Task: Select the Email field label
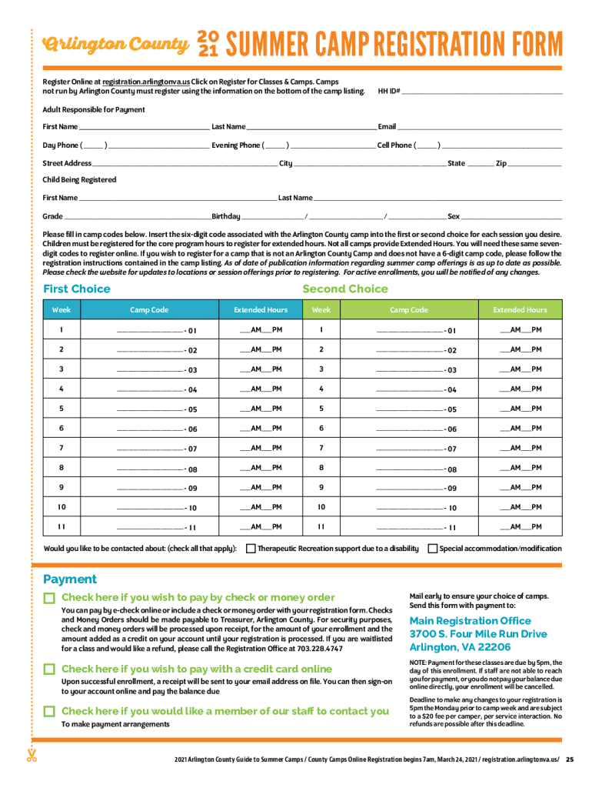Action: tap(387, 126)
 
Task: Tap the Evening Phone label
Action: tap(236, 145)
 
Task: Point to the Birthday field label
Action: tap(226, 216)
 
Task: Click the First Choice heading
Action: tap(77, 289)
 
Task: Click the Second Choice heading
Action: tap(345, 289)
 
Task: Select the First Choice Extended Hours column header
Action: tap(261, 310)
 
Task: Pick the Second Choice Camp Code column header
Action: tap(409, 310)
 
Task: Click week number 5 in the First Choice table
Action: tap(61, 409)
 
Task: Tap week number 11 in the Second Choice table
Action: tap(321, 527)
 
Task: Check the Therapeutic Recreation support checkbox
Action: tap(251, 549)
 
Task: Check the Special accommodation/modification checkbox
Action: tap(433, 549)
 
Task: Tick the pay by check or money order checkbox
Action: tap(49, 598)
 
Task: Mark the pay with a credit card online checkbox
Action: tap(49, 669)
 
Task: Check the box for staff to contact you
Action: tap(49, 711)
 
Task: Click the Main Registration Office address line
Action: tap(478, 634)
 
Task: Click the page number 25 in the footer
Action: tap(570, 759)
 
